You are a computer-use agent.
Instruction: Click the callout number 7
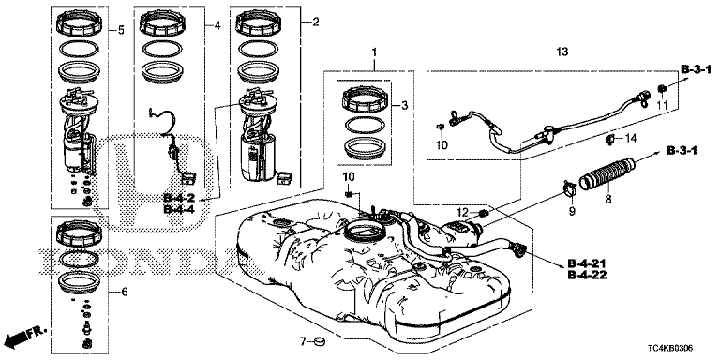point(302,341)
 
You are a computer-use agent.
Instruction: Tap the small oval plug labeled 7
point(318,341)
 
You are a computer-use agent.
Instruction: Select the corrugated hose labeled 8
point(608,173)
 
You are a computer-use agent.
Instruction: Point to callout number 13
point(562,52)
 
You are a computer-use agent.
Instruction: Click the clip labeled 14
point(610,139)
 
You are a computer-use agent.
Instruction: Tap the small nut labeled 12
point(484,213)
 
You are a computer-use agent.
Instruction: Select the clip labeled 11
point(662,88)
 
